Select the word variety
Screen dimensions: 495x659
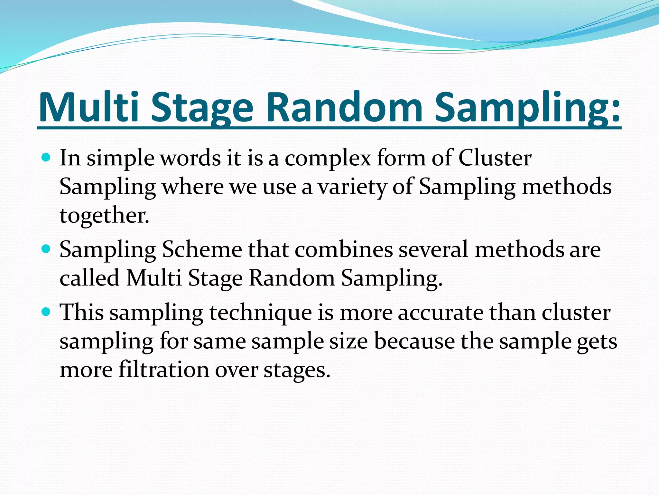click(x=352, y=187)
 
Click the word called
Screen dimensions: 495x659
click(x=90, y=278)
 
